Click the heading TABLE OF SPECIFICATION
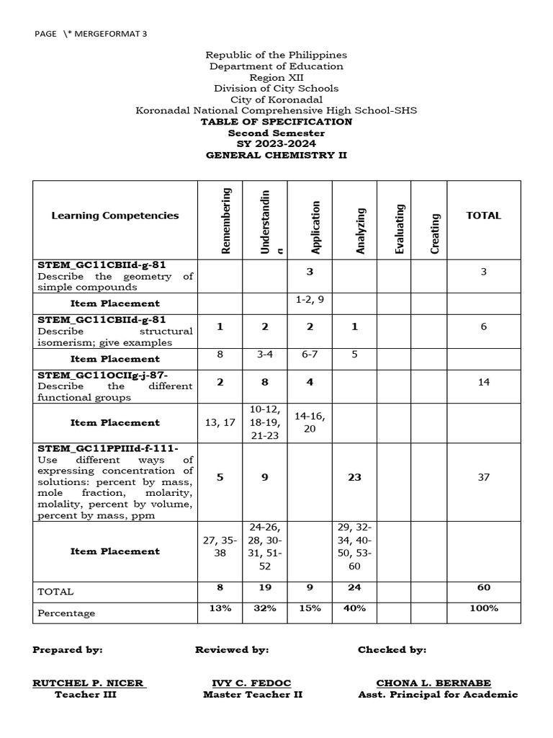click(276, 122)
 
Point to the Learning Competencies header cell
click(115, 215)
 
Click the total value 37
click(483, 477)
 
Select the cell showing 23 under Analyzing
click(354, 477)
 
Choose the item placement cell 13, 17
click(220, 422)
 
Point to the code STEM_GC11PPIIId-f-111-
click(108, 449)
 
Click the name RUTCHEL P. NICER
click(89, 683)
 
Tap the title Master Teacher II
click(253, 695)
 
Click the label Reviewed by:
click(232, 649)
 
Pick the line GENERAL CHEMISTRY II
click(276, 155)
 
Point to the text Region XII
click(276, 77)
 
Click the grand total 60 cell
click(483, 587)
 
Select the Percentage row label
click(66, 613)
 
